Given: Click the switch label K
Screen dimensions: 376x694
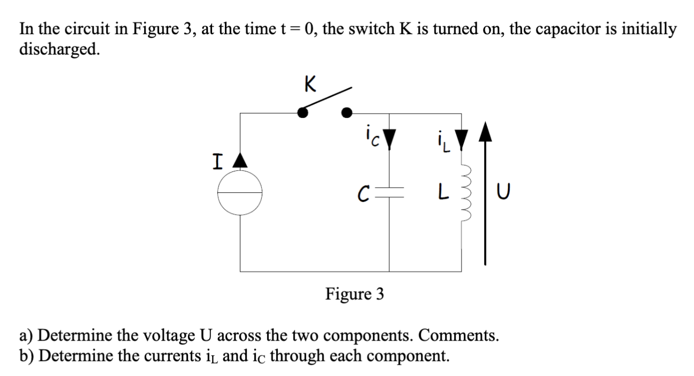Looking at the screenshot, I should (x=309, y=84).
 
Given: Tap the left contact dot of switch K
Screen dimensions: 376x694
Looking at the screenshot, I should (x=303, y=112).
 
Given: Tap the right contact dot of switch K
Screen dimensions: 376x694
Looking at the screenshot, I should (x=347, y=112).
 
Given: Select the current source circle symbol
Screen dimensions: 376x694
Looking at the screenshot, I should (x=240, y=193).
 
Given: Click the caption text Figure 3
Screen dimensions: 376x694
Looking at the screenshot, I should (x=354, y=294).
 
